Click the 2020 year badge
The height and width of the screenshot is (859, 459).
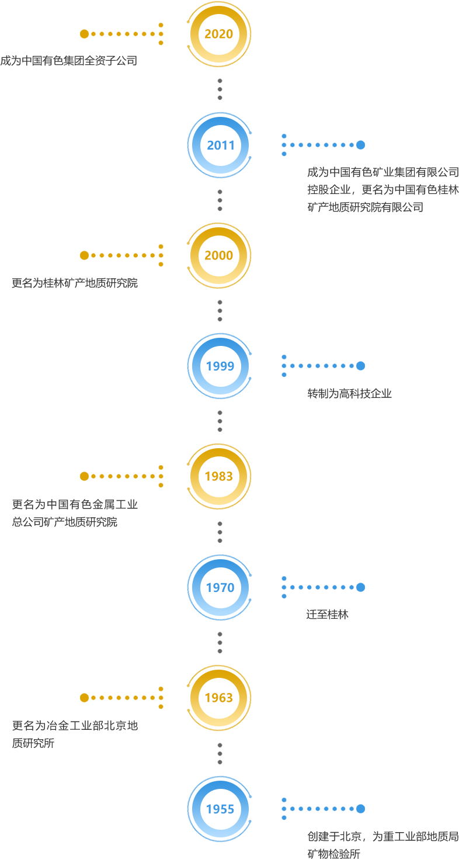coord(219,34)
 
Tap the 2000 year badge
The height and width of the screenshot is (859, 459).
coord(219,255)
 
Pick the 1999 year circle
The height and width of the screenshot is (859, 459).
coord(220,366)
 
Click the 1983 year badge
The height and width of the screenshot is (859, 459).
coord(219,476)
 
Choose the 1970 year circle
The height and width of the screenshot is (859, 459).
coord(220,587)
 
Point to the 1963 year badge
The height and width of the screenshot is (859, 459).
coord(219,698)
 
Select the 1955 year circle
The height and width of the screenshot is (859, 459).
coord(220,809)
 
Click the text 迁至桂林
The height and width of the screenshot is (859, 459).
coord(328,615)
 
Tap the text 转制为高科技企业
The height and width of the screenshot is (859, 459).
coord(349,393)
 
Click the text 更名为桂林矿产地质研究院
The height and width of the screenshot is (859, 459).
coord(75,283)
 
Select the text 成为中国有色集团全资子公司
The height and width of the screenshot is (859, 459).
coord(68,60)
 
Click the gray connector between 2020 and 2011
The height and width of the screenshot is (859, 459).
coord(219,89)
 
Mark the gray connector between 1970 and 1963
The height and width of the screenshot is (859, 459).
coord(219,643)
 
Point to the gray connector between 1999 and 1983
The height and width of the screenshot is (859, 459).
coord(219,421)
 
